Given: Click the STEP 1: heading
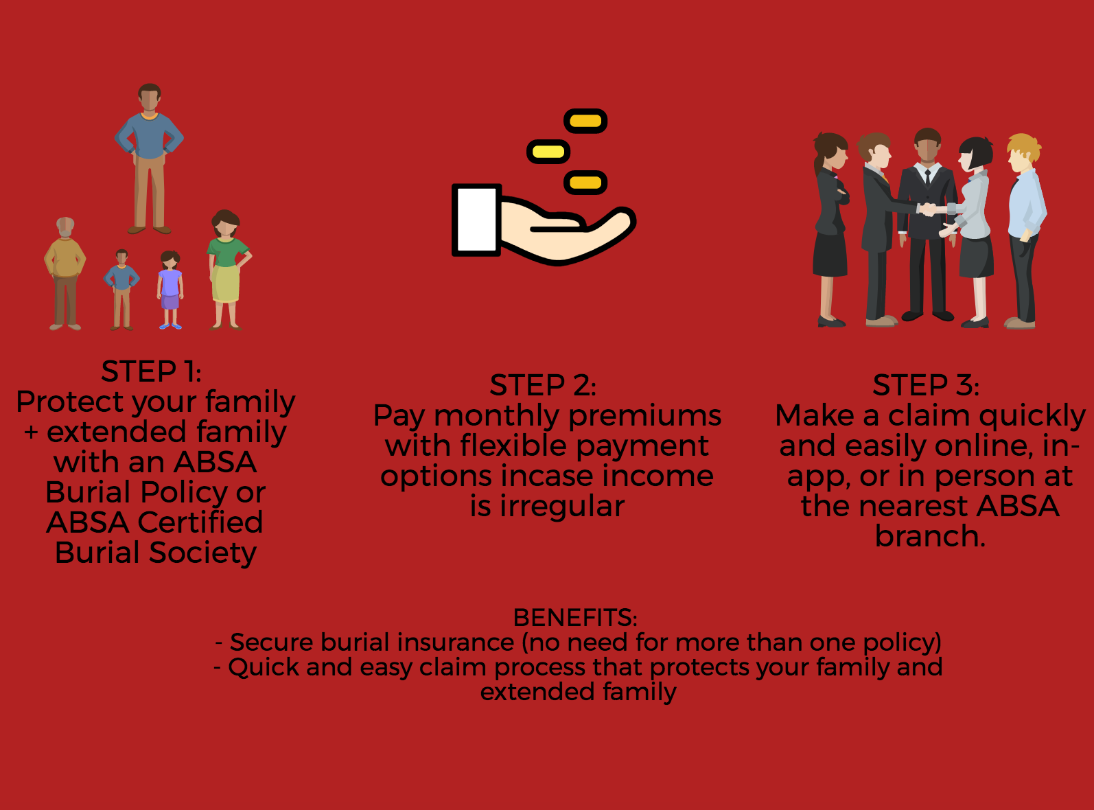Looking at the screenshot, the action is point(152,371).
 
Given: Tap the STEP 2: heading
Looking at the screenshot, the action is point(543,385).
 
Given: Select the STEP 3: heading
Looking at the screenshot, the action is point(926,385).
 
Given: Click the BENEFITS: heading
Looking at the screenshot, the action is point(575,617).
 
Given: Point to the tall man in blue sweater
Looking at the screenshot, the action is point(149,159).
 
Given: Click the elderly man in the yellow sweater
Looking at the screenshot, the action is point(65,274).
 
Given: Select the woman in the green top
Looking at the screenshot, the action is point(227,270).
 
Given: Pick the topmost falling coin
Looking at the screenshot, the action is point(585,121).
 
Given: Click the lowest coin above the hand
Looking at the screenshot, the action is point(585,183).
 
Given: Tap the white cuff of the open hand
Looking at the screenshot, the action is point(476,220).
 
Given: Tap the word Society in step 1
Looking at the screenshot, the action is point(202,553).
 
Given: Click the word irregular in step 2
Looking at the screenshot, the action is point(562,507).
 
